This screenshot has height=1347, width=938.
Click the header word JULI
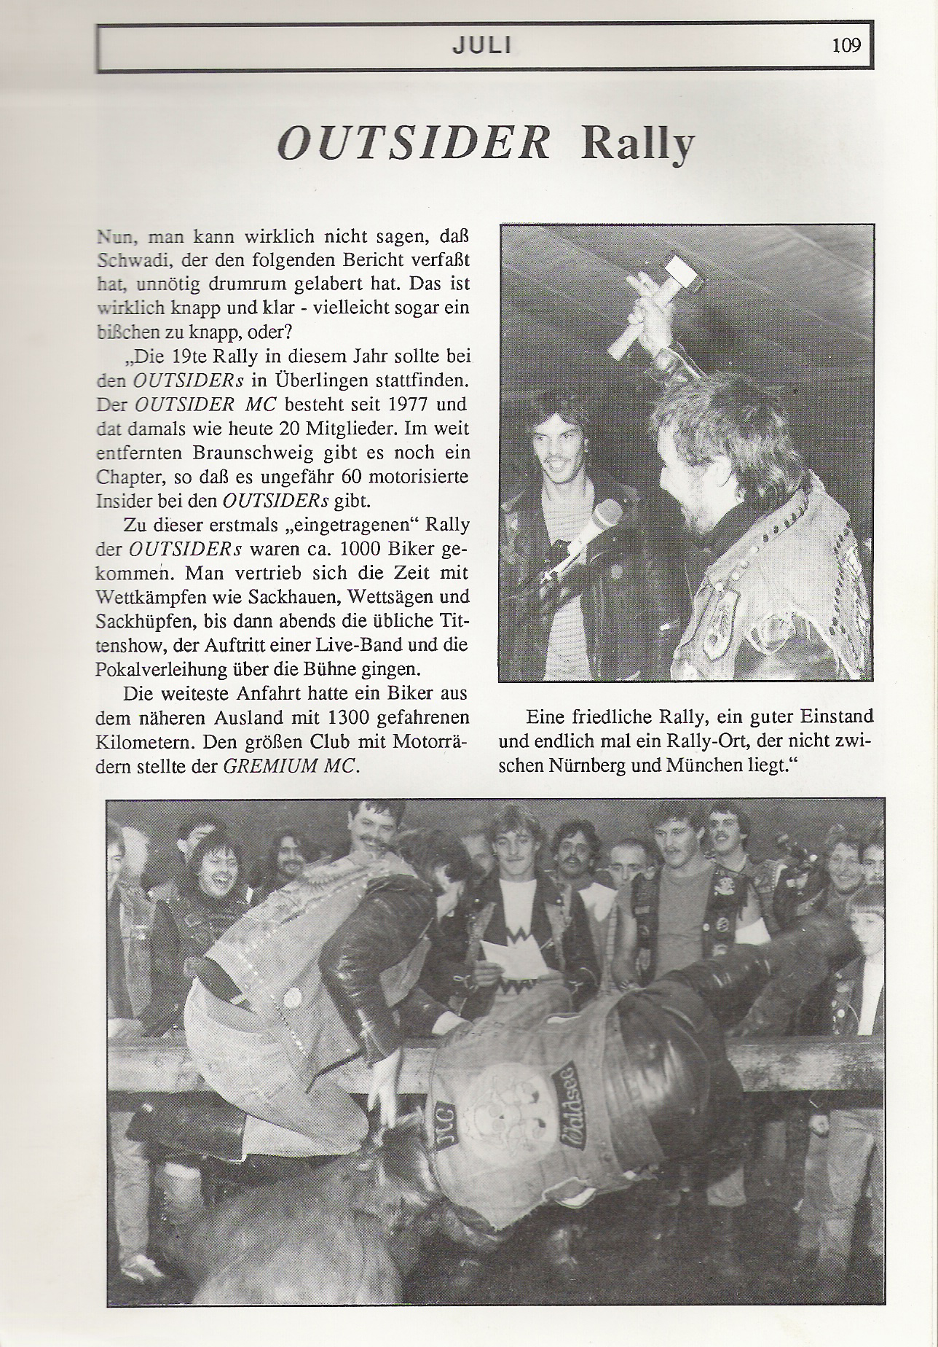click(481, 46)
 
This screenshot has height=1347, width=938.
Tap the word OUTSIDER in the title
click(414, 144)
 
